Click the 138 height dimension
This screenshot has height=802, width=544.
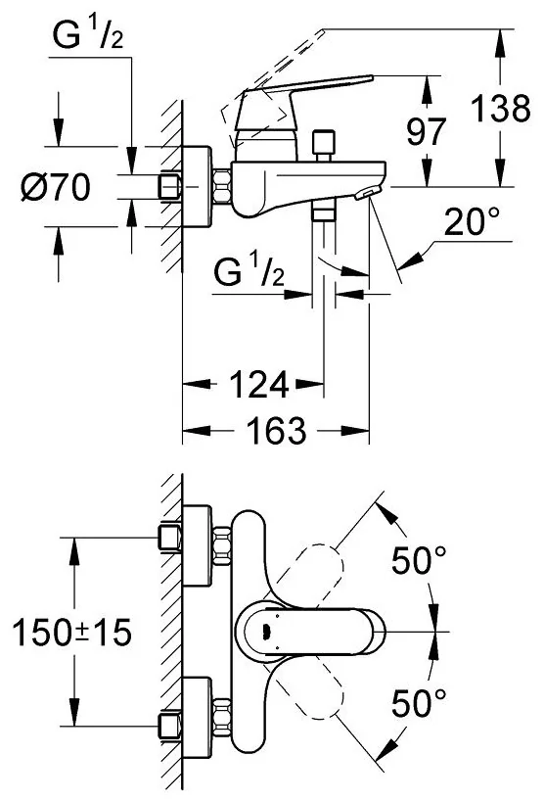[x=500, y=108]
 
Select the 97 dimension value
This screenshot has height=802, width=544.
[x=426, y=131]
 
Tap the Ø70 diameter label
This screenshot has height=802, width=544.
[x=56, y=187]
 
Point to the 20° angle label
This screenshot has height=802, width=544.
[x=472, y=222]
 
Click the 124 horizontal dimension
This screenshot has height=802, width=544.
[x=259, y=384]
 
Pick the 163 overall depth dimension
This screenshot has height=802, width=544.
[x=276, y=430]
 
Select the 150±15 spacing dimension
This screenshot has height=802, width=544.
[x=71, y=633]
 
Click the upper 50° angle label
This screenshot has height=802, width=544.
[x=419, y=560]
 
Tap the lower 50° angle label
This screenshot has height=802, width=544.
[x=419, y=703]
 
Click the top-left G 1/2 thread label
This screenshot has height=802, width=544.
[x=87, y=36]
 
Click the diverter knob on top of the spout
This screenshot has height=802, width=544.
[x=324, y=145]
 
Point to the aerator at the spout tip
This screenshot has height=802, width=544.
[x=367, y=193]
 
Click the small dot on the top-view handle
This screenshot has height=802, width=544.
[x=265, y=633]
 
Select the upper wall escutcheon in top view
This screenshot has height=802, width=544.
[x=197, y=545]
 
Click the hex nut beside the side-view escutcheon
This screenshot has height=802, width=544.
[x=221, y=187]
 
